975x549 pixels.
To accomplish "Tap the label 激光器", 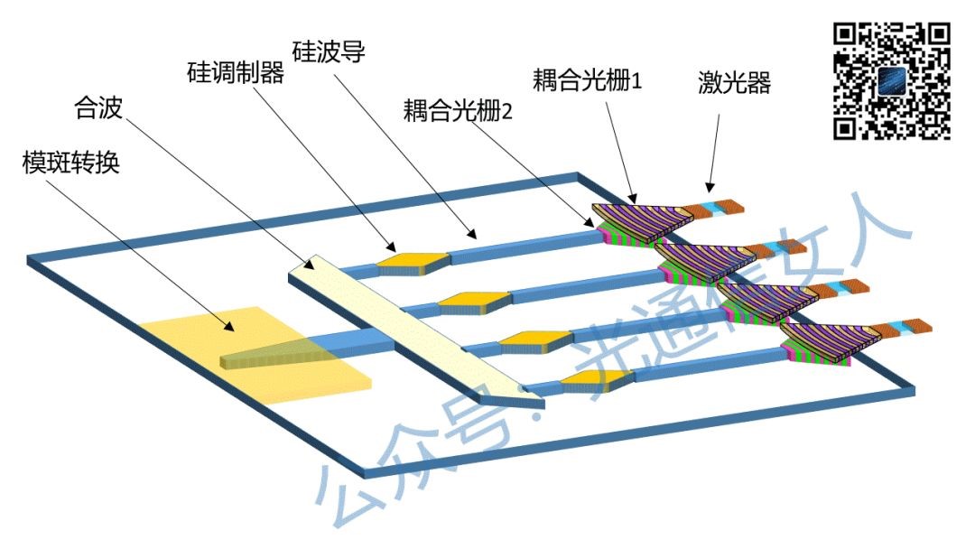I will point(734,84).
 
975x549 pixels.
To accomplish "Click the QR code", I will point(890,81).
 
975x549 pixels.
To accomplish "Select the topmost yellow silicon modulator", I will point(412,262).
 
